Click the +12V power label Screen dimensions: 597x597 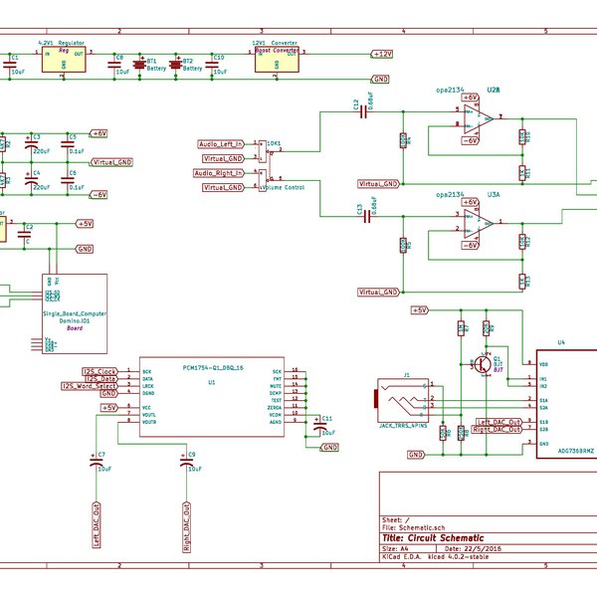tap(382, 53)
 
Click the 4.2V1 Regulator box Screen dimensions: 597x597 tap(63, 59)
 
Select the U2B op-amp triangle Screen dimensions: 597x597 tap(486, 118)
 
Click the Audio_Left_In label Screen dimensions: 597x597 tap(222, 144)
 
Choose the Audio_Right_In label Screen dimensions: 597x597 tap(221, 173)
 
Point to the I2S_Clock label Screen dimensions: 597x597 tap(100, 370)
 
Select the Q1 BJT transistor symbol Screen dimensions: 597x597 tap(485, 365)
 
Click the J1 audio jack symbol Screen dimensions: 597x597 tap(399, 402)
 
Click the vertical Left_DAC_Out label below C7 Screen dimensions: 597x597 tap(98, 525)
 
